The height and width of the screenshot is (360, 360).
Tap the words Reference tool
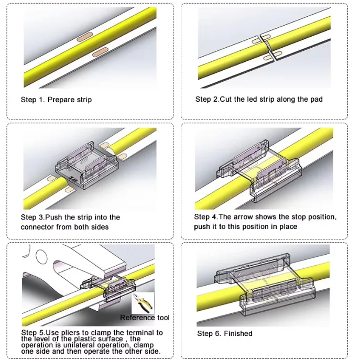(x=145, y=318)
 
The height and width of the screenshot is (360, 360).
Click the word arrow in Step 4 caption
(x=243, y=217)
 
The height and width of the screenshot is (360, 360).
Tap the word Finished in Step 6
(x=238, y=333)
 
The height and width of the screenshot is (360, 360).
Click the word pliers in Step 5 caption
(x=71, y=333)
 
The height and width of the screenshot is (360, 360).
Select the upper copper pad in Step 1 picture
(x=85, y=37)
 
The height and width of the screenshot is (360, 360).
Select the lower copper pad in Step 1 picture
(x=100, y=52)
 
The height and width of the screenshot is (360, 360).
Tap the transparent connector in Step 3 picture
(x=87, y=165)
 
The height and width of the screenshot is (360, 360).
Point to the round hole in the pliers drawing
(x=41, y=257)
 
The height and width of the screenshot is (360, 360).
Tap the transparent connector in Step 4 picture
(x=259, y=170)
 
